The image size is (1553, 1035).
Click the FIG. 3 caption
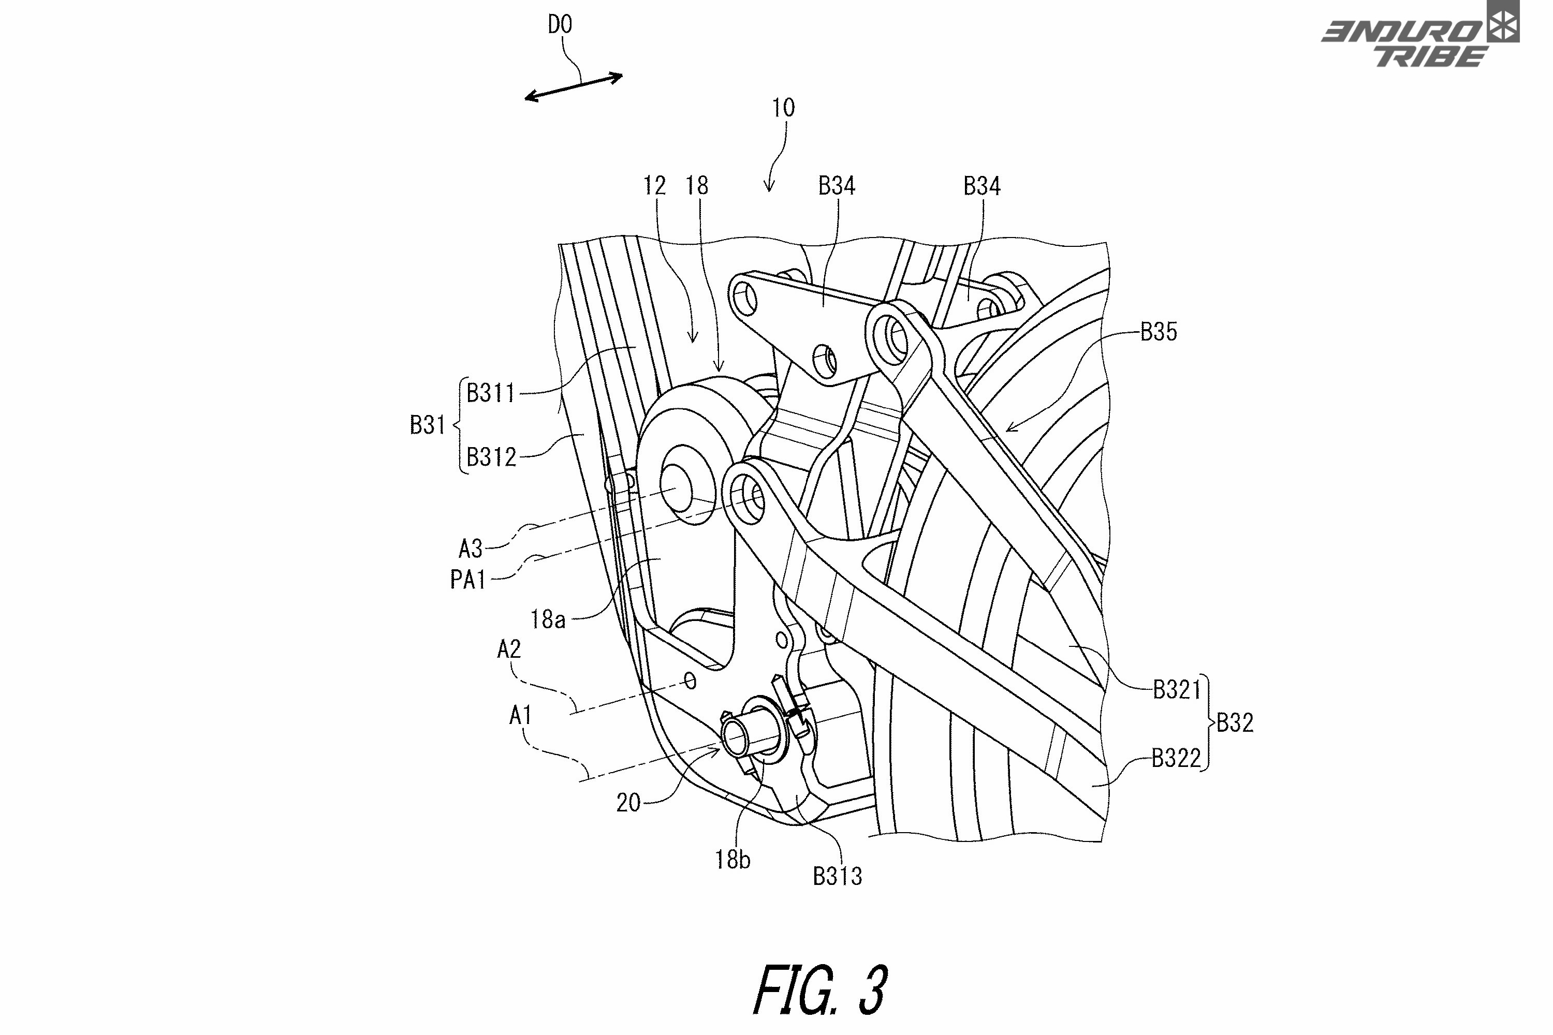(x=820, y=989)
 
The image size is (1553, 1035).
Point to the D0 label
(x=560, y=24)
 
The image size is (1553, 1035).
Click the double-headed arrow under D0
(x=574, y=86)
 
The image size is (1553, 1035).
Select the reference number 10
(x=784, y=108)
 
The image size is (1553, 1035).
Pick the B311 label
(x=491, y=393)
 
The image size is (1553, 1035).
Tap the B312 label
(x=491, y=457)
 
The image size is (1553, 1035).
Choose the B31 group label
(x=427, y=424)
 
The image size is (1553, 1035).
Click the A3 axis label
(x=471, y=548)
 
